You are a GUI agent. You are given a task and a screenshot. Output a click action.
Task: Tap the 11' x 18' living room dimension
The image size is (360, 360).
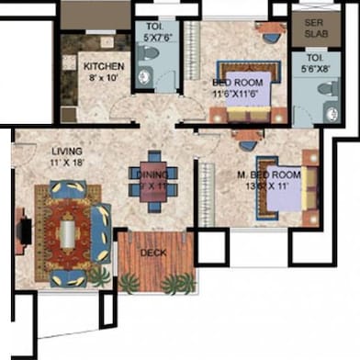tap(68, 163)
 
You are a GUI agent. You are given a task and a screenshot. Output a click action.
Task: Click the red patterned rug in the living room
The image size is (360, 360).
tap(67, 234)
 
